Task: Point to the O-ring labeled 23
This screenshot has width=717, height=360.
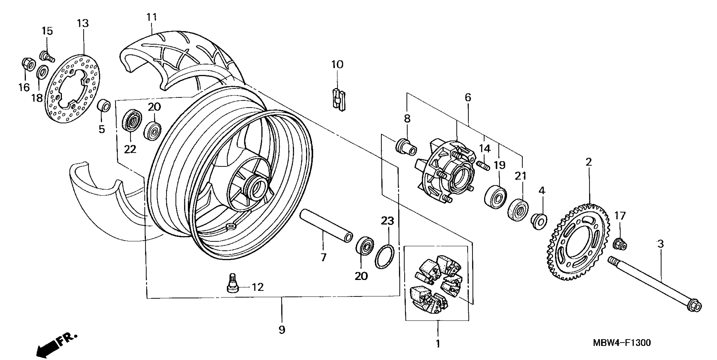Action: (x=385, y=256)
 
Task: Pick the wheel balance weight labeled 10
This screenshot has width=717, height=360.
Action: (x=338, y=99)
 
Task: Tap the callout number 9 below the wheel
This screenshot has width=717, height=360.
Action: (x=282, y=330)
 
